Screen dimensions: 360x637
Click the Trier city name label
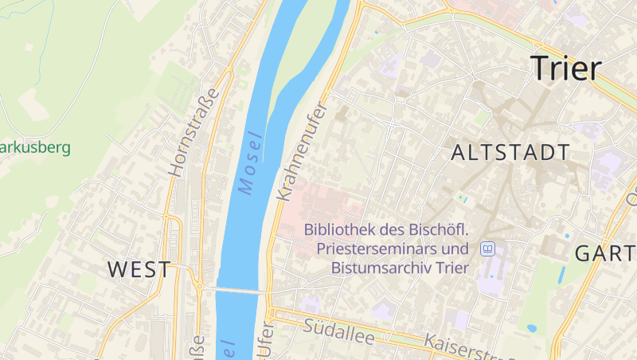[x=565, y=68]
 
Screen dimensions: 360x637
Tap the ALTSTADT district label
[x=510, y=153]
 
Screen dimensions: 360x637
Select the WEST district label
[x=139, y=269]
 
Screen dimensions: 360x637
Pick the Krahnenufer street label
[x=301, y=151]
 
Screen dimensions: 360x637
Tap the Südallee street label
[x=339, y=331]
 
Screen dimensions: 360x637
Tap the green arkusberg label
[x=35, y=147]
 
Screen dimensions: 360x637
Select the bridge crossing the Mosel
[x=239, y=291]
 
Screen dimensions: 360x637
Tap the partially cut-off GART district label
[x=605, y=254]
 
